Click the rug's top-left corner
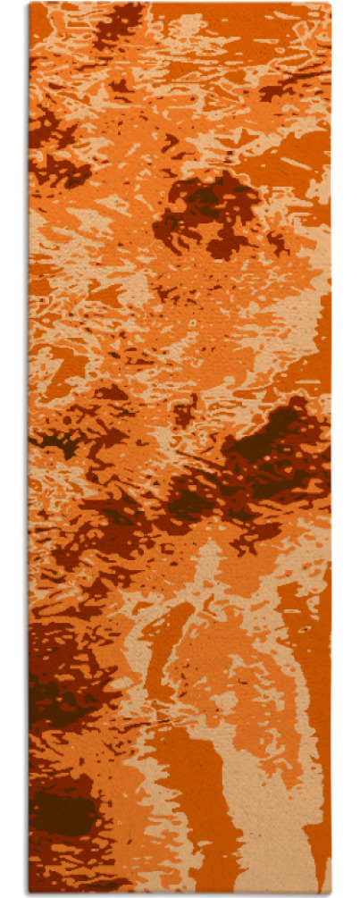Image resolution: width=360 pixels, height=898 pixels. pos(30,4)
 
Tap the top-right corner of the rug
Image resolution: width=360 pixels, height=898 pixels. pos(330,4)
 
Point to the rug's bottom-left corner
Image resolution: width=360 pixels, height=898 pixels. pos(30,893)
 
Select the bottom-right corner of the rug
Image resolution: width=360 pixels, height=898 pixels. pos(330,893)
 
